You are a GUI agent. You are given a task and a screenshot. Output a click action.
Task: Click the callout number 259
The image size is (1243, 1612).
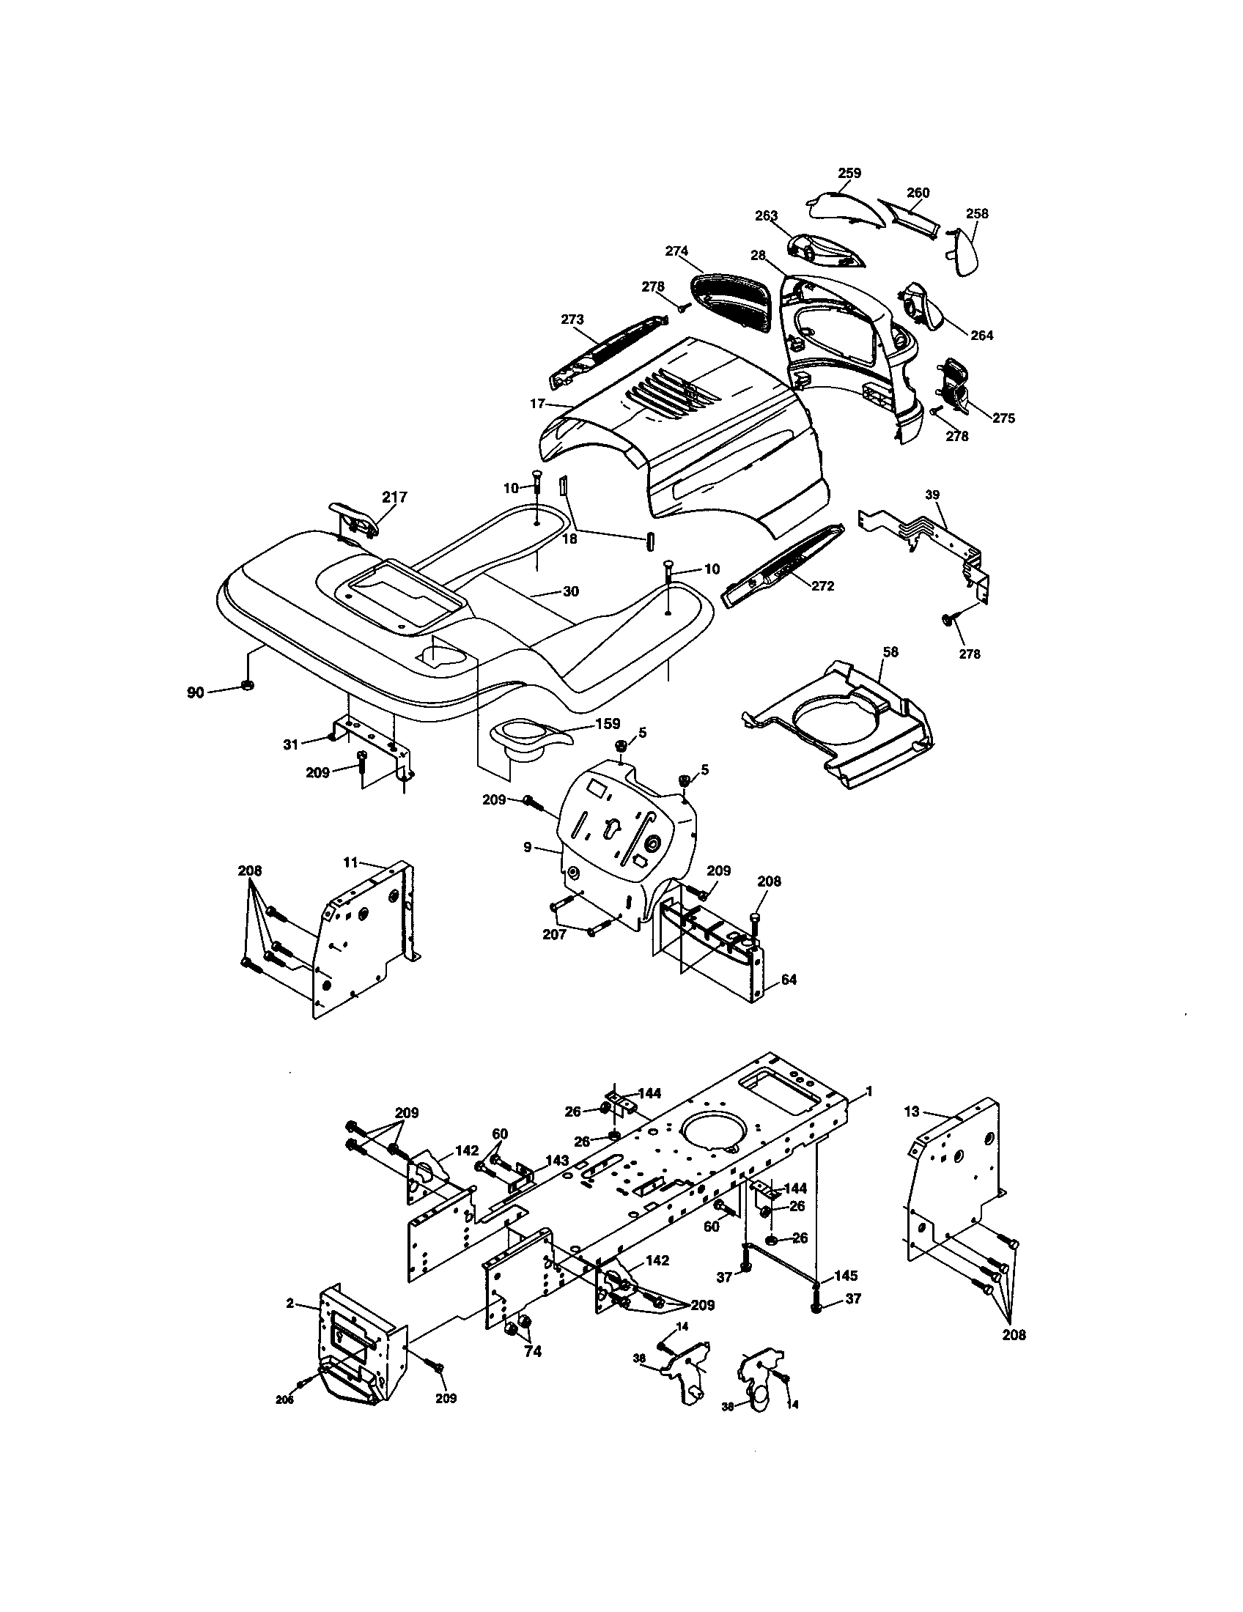pos(849,173)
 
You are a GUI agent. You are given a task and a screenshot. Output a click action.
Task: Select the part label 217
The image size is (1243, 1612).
pos(395,497)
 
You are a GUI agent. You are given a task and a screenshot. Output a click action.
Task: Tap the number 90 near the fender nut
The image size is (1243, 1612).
pos(195,692)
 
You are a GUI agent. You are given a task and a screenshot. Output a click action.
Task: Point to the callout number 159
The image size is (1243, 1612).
pos(608,723)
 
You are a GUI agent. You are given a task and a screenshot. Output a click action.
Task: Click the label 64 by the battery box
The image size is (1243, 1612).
pos(789,980)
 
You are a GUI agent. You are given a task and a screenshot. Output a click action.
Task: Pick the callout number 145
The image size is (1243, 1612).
pos(845,1276)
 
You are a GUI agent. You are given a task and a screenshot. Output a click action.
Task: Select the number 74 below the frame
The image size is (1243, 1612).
pos(532,1351)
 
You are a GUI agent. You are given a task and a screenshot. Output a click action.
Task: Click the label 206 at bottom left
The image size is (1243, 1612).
pos(284,1400)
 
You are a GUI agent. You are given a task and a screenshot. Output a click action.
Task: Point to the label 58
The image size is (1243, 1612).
pos(890,651)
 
